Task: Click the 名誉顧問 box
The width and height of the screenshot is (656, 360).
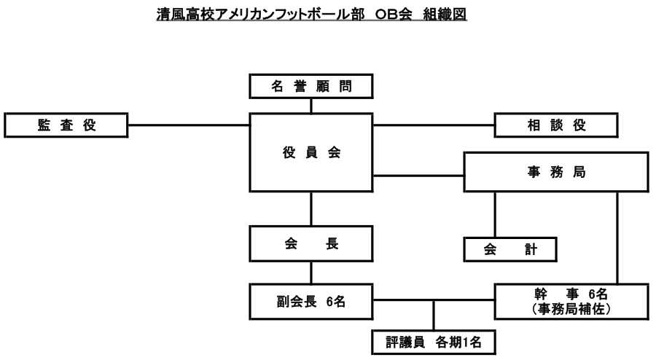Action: coord(311,87)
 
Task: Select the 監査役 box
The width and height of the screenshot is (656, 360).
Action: coord(67,125)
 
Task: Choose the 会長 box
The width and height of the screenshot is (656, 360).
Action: coord(311,246)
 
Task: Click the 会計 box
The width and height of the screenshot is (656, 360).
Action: coord(510,249)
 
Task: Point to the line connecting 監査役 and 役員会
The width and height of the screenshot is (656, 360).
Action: coord(190,125)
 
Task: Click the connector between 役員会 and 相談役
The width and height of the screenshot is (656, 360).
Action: coord(434,125)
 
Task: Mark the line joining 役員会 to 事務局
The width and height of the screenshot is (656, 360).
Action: coord(419,175)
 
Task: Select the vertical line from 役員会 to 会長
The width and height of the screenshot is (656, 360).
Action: coord(311,209)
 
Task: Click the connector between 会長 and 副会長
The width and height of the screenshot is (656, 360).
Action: coord(311,274)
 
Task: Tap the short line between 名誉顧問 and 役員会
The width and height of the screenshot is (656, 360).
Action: coord(311,106)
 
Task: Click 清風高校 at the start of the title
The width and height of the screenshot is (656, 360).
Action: coord(179,14)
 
